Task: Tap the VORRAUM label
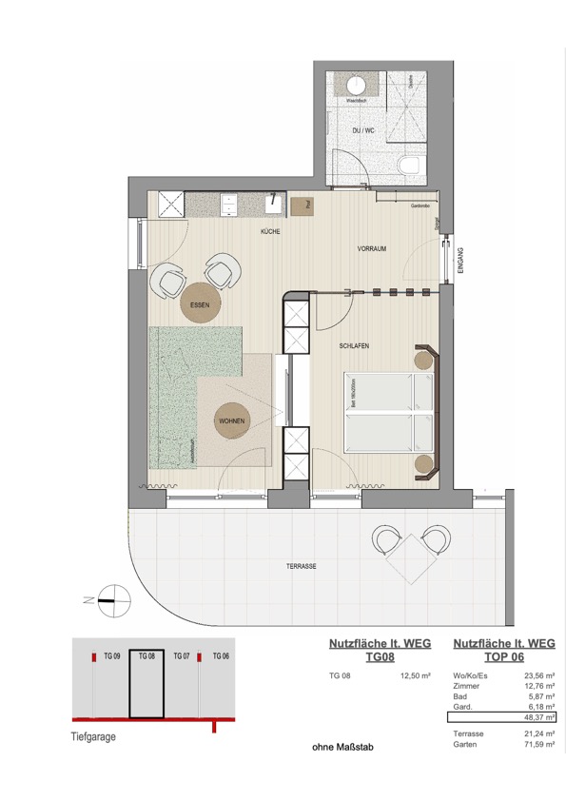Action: (x=371, y=248)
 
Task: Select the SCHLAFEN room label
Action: (x=354, y=347)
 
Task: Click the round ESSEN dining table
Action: (x=200, y=304)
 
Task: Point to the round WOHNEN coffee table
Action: (x=232, y=420)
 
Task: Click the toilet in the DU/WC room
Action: (x=410, y=166)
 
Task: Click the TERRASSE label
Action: (x=301, y=566)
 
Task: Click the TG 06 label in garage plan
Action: (x=220, y=656)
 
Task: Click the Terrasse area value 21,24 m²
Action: (x=539, y=733)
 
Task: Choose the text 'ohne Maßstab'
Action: (x=343, y=748)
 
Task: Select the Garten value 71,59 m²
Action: (x=539, y=746)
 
